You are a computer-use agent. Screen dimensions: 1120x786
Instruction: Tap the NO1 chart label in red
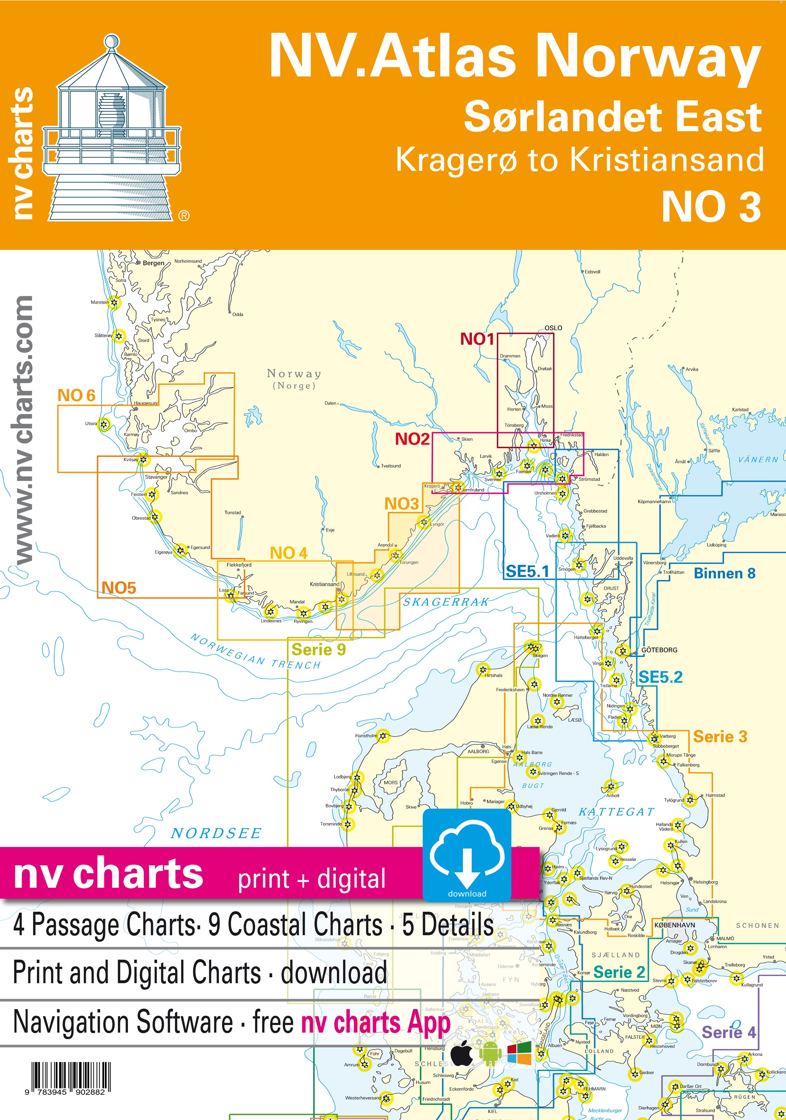point(477,339)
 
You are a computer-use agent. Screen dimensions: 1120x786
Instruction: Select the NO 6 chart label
point(76,395)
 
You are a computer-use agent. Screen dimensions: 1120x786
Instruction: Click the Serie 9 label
point(318,650)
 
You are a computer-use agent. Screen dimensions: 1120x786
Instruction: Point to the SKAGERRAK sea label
point(445,602)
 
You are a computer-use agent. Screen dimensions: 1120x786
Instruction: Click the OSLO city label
point(553,328)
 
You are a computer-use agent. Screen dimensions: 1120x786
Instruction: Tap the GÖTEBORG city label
point(659,650)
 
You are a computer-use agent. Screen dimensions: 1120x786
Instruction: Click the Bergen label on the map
point(153,263)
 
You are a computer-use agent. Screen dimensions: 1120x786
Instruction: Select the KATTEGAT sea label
point(616,812)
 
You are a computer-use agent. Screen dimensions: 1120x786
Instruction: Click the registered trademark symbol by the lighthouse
point(183,216)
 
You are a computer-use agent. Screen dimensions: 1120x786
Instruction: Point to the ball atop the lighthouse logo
point(112,42)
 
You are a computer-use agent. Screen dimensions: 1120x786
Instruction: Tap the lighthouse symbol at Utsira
point(104,423)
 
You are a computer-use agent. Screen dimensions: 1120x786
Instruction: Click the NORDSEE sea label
point(216,833)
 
